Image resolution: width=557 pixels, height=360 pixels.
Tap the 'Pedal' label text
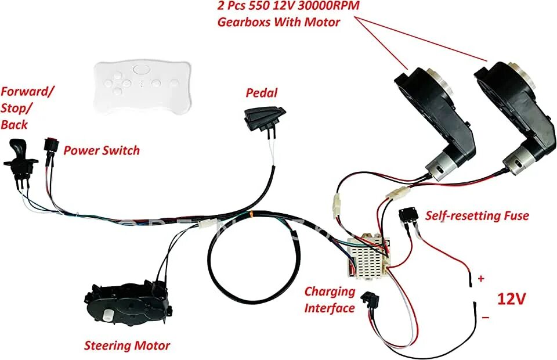click(262, 92)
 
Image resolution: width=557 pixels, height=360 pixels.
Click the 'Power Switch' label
click(102, 150)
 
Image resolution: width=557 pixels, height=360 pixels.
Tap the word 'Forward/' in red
click(28, 91)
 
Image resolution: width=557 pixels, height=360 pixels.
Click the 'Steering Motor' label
click(127, 346)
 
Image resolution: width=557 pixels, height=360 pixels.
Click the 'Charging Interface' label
click(330, 300)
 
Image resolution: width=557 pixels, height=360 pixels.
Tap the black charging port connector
click(370, 300)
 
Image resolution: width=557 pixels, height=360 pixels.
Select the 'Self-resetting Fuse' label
click(477, 216)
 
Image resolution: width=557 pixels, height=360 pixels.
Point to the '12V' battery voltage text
click(511, 299)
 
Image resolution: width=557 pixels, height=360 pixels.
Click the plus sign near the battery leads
click(480, 279)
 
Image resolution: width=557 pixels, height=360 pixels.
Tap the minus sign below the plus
click(485, 317)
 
